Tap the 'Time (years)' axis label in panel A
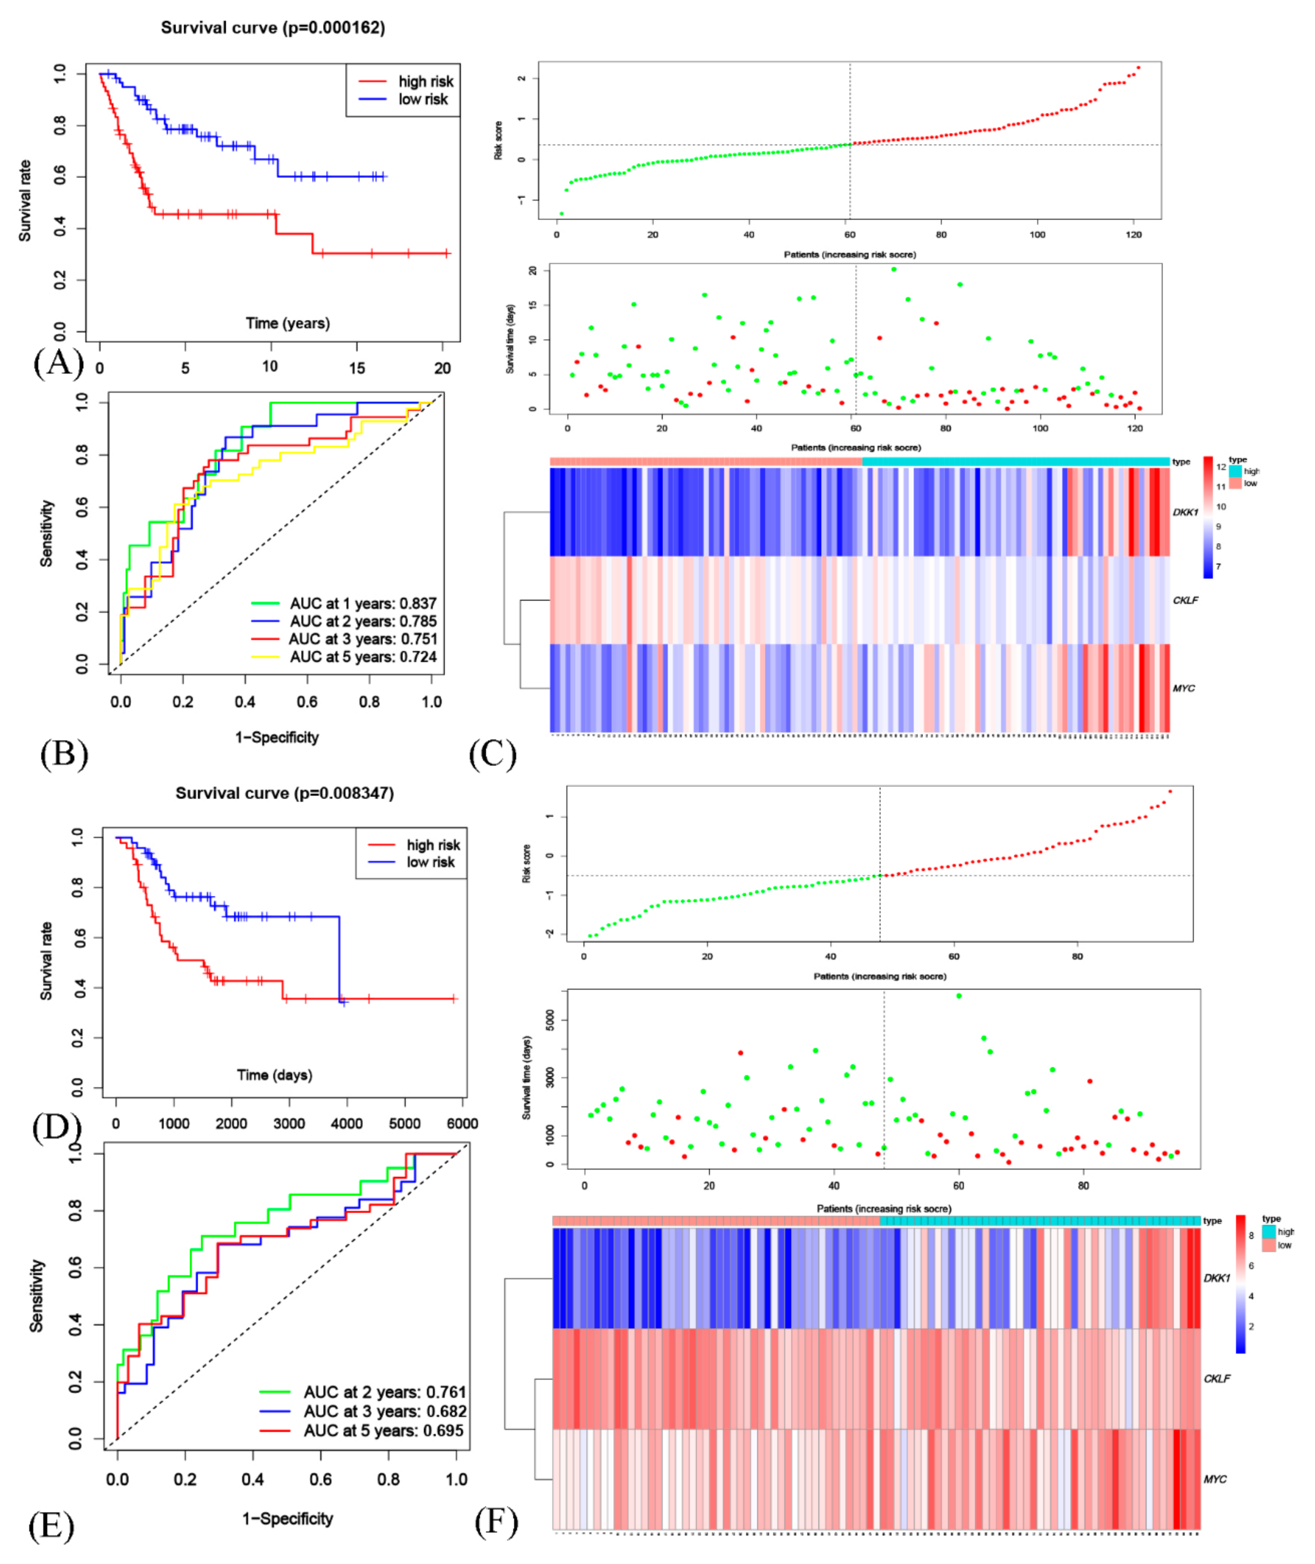pos(288,323)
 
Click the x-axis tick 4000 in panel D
pos(347,1123)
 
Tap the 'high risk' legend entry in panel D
pos(432,845)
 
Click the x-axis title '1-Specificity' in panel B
pos(276,737)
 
